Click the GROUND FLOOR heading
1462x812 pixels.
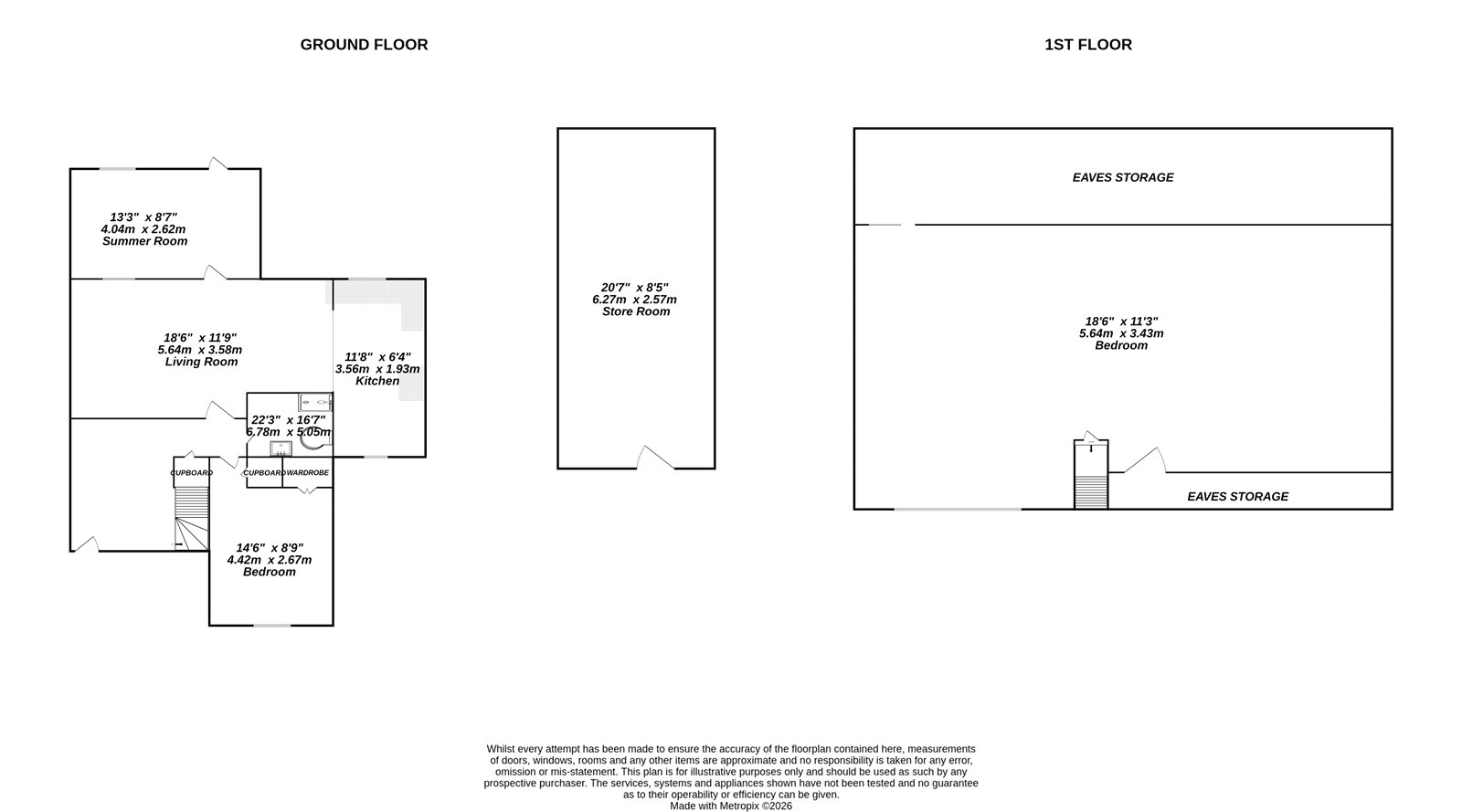click(364, 45)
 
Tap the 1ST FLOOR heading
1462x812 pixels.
click(1087, 45)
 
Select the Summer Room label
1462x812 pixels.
click(144, 241)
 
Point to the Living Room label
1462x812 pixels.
click(201, 362)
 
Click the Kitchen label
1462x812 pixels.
click(377, 381)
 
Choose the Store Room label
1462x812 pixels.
click(636, 311)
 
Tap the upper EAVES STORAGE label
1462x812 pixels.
click(1123, 177)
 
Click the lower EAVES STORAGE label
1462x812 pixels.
click(1237, 497)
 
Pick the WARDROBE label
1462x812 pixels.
click(307, 473)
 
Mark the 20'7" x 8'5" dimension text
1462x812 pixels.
click(636, 288)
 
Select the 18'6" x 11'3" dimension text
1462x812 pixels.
click(1121, 322)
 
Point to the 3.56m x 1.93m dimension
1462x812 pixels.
click(377, 369)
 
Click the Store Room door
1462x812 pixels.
click(656, 459)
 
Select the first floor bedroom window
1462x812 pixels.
click(958, 509)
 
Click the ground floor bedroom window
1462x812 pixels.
click(271, 626)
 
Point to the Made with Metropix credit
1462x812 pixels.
click(731, 807)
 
